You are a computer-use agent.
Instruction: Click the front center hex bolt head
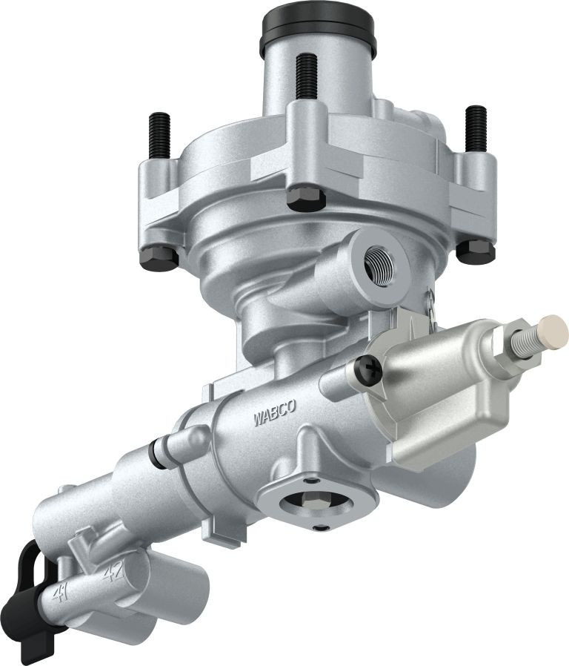point(303,197)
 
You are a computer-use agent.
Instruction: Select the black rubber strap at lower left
point(33,601)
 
